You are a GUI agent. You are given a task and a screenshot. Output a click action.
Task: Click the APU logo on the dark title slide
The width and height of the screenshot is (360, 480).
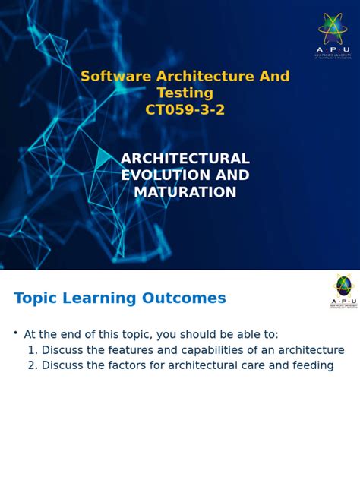(332, 34)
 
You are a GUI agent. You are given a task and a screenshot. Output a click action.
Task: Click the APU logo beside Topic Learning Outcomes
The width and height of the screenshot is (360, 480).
(344, 291)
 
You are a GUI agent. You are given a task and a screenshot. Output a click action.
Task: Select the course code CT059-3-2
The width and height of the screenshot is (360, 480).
(185, 110)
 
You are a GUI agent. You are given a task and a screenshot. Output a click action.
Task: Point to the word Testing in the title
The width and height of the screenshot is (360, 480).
(185, 93)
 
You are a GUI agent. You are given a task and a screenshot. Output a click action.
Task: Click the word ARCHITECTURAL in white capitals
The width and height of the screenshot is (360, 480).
(185, 159)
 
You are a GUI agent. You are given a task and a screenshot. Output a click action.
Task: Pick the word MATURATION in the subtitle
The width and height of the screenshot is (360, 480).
(185, 192)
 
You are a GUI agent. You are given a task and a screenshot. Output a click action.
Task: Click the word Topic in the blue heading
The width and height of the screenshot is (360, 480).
(36, 298)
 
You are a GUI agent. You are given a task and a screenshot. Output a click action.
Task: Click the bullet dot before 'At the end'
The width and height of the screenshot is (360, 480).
(15, 333)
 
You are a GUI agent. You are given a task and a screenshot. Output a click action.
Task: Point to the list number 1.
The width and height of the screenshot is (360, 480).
(31, 350)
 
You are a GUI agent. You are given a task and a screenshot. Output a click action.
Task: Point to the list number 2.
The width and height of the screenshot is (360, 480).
(32, 365)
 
